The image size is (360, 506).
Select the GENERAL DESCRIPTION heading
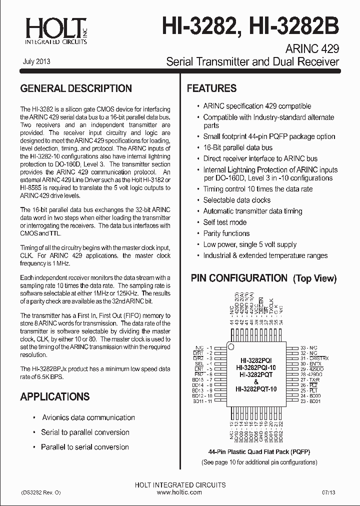pos(76,88)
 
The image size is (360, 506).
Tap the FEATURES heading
pos(211,88)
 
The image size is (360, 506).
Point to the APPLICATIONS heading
pos(55,396)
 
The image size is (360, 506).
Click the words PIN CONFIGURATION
pos(239,278)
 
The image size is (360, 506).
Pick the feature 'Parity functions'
pos(226,233)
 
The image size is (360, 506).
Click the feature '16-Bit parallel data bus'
pos(237,147)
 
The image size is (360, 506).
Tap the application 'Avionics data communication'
pos(88,417)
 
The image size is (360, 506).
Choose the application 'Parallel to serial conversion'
pos(85,447)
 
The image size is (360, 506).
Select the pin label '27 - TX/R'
pos(310,380)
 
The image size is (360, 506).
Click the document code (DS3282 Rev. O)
pos(40,492)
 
